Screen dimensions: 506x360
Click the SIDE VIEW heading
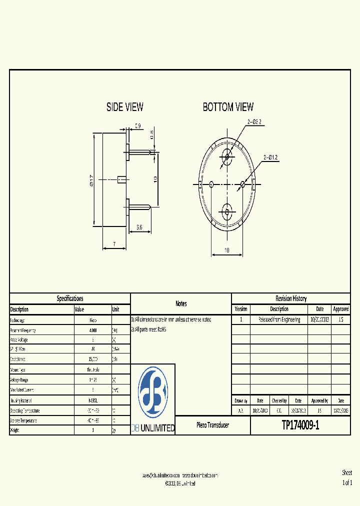pos(124,107)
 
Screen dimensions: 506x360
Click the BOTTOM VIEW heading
pos(228,107)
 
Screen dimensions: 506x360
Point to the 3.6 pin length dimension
pos(139,227)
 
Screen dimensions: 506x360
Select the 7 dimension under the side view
pos(114,244)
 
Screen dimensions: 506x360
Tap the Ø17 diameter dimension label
pos(91,180)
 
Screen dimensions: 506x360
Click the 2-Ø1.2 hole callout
pos(270,157)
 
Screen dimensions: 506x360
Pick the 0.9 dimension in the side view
pos(137,126)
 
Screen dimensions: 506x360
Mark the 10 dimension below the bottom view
pos(227,250)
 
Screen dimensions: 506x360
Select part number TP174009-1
pos(300,425)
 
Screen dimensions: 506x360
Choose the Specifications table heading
pos(70,298)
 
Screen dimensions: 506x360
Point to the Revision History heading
pos(290,298)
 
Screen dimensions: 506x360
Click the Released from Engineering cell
pos(279,319)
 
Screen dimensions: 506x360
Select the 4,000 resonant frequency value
pos(93,330)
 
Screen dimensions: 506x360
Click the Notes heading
pos(181,303)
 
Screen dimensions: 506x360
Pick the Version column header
pos(241,309)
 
